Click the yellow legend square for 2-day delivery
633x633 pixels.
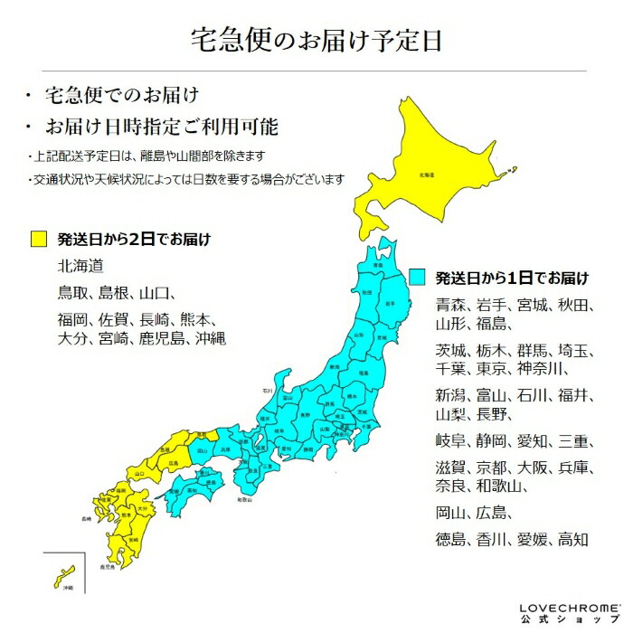coord(38,240)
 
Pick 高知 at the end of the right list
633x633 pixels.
coord(573,540)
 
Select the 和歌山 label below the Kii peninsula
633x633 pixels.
coord(241,498)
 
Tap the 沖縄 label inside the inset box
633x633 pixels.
coord(67,587)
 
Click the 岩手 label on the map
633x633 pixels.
coord(390,304)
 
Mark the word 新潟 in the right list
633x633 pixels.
coord(451,395)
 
